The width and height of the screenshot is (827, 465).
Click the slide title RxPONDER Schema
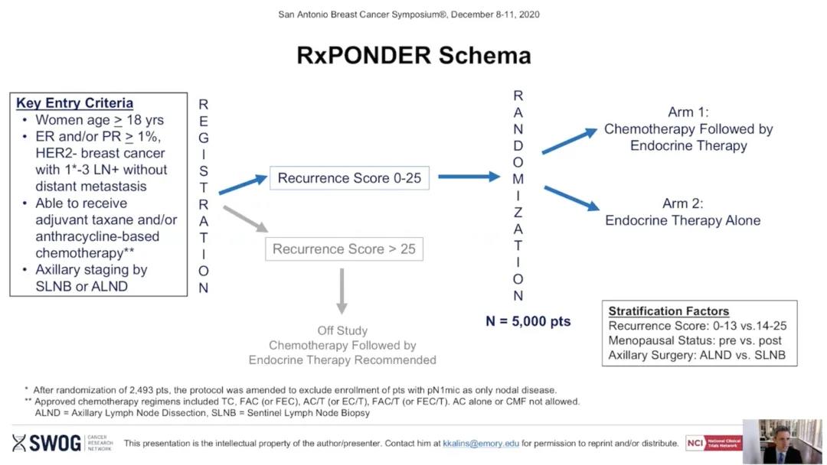pos(413,55)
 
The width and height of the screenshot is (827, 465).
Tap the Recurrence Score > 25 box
pos(344,249)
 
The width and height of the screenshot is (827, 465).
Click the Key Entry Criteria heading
pos(74,103)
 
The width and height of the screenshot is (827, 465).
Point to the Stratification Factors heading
pos(668,311)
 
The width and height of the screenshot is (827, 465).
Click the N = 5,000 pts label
pos(528,321)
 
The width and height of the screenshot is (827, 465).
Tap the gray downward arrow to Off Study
pos(342,291)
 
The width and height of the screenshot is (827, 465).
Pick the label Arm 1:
pos(688,112)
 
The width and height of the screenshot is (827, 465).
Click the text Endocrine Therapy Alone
pos(682,220)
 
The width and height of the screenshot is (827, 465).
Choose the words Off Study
pos(342,331)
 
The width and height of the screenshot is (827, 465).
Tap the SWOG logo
pos(47,443)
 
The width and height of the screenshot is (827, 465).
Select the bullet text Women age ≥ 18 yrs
pos(99,120)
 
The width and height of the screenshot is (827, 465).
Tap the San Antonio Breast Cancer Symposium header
pos(413,15)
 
